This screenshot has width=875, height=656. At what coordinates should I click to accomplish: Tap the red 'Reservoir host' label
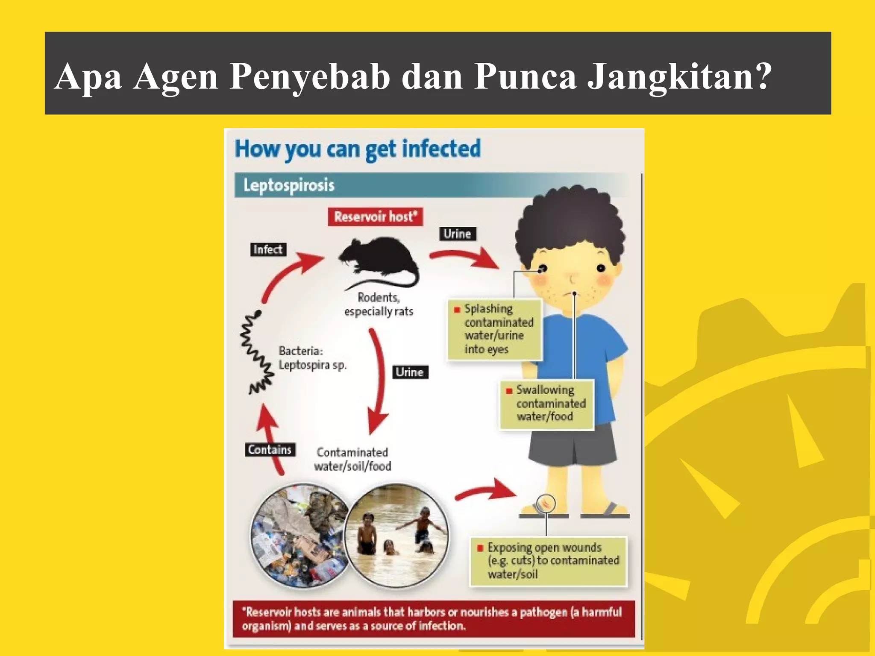click(375, 217)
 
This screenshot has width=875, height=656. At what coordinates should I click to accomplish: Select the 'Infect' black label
click(268, 249)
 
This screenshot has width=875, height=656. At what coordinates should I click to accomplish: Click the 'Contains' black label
click(270, 450)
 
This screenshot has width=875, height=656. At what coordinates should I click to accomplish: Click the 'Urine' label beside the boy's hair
click(457, 234)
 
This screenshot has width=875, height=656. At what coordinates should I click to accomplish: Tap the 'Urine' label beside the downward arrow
click(409, 372)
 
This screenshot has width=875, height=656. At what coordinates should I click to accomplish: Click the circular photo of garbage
click(299, 536)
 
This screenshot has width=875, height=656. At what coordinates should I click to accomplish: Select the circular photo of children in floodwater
click(396, 536)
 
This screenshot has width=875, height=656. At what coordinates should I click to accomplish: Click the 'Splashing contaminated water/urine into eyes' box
click(495, 329)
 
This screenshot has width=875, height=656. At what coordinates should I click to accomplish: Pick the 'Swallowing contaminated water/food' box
click(546, 404)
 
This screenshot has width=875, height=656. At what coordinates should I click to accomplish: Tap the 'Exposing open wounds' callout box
click(548, 561)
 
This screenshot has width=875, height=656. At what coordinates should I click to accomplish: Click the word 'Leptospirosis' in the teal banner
click(289, 185)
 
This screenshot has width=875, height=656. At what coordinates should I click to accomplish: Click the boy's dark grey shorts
click(573, 446)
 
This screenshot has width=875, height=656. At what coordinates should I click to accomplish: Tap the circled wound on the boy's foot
click(546, 503)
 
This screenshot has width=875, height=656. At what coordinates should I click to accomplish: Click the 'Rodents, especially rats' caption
click(379, 304)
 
